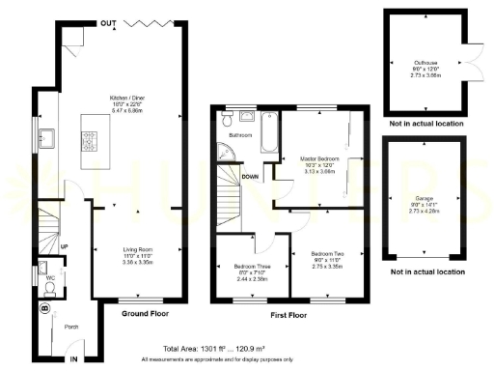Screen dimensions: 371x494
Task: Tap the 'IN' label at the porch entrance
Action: (x=73, y=358)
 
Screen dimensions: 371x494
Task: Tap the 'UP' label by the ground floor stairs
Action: (x=64, y=246)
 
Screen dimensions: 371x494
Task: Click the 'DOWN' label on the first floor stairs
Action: (x=251, y=177)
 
